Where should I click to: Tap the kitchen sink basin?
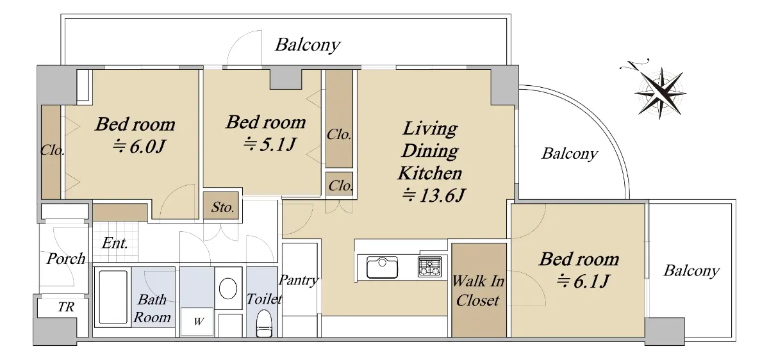tap(382, 267)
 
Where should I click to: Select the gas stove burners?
tap(429, 267)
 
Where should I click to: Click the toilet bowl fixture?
tap(264, 323)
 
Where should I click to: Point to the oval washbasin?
tap(228, 288)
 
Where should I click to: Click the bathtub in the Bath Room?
tap(113, 297)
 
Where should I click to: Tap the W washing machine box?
tap(197, 322)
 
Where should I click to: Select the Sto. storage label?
tap(222, 207)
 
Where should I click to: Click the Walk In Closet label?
tap(478, 291)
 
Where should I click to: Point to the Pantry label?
tap(299, 281)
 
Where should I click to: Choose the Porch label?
tap(66, 258)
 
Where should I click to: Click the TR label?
tap(66, 307)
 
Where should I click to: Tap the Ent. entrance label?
tap(115, 243)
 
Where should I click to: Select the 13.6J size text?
tap(434, 195)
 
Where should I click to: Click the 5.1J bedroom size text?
tap(270, 144)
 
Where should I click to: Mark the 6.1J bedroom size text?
tap(583, 281)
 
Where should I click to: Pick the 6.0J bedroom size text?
tap(139, 147)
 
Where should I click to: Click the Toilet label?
tap(264, 299)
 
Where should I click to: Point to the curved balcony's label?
tap(570, 154)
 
